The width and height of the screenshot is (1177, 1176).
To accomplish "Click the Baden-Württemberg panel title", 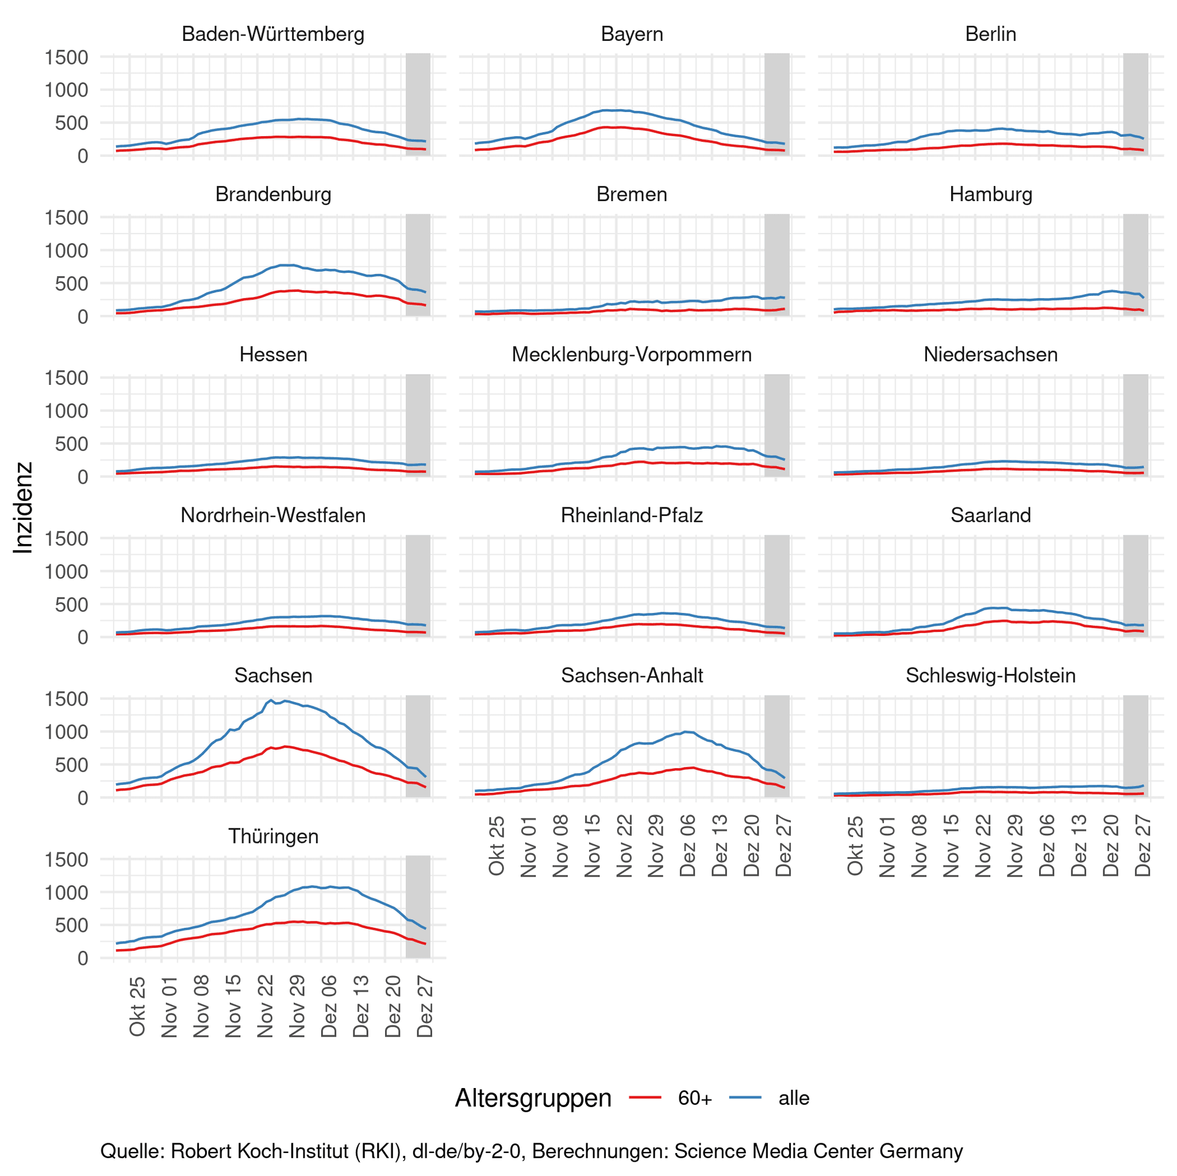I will (x=273, y=34).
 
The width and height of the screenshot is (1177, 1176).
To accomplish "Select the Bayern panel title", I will (x=632, y=34).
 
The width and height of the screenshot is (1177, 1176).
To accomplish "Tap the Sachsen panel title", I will (x=273, y=676).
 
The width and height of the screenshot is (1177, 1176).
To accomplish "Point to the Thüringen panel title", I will (x=273, y=836).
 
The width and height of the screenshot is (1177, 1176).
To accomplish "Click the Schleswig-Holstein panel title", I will (x=991, y=676).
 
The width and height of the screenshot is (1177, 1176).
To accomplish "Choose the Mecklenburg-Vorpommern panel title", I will (x=632, y=354).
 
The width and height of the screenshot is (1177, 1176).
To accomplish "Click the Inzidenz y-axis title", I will (x=23, y=507).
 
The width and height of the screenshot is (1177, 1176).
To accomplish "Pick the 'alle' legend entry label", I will (x=794, y=1098).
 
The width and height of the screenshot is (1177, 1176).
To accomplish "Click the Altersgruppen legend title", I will (x=533, y=1098).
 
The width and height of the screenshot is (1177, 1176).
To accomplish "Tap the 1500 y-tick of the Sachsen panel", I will (x=67, y=699).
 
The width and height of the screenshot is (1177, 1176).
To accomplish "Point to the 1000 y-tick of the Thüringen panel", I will (x=67, y=892).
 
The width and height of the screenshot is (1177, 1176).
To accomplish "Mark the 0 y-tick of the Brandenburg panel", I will (x=83, y=317).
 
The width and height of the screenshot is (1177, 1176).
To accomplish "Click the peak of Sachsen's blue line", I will (x=271, y=700).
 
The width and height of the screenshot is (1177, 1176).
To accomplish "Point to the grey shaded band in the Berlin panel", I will (x=1136, y=104).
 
